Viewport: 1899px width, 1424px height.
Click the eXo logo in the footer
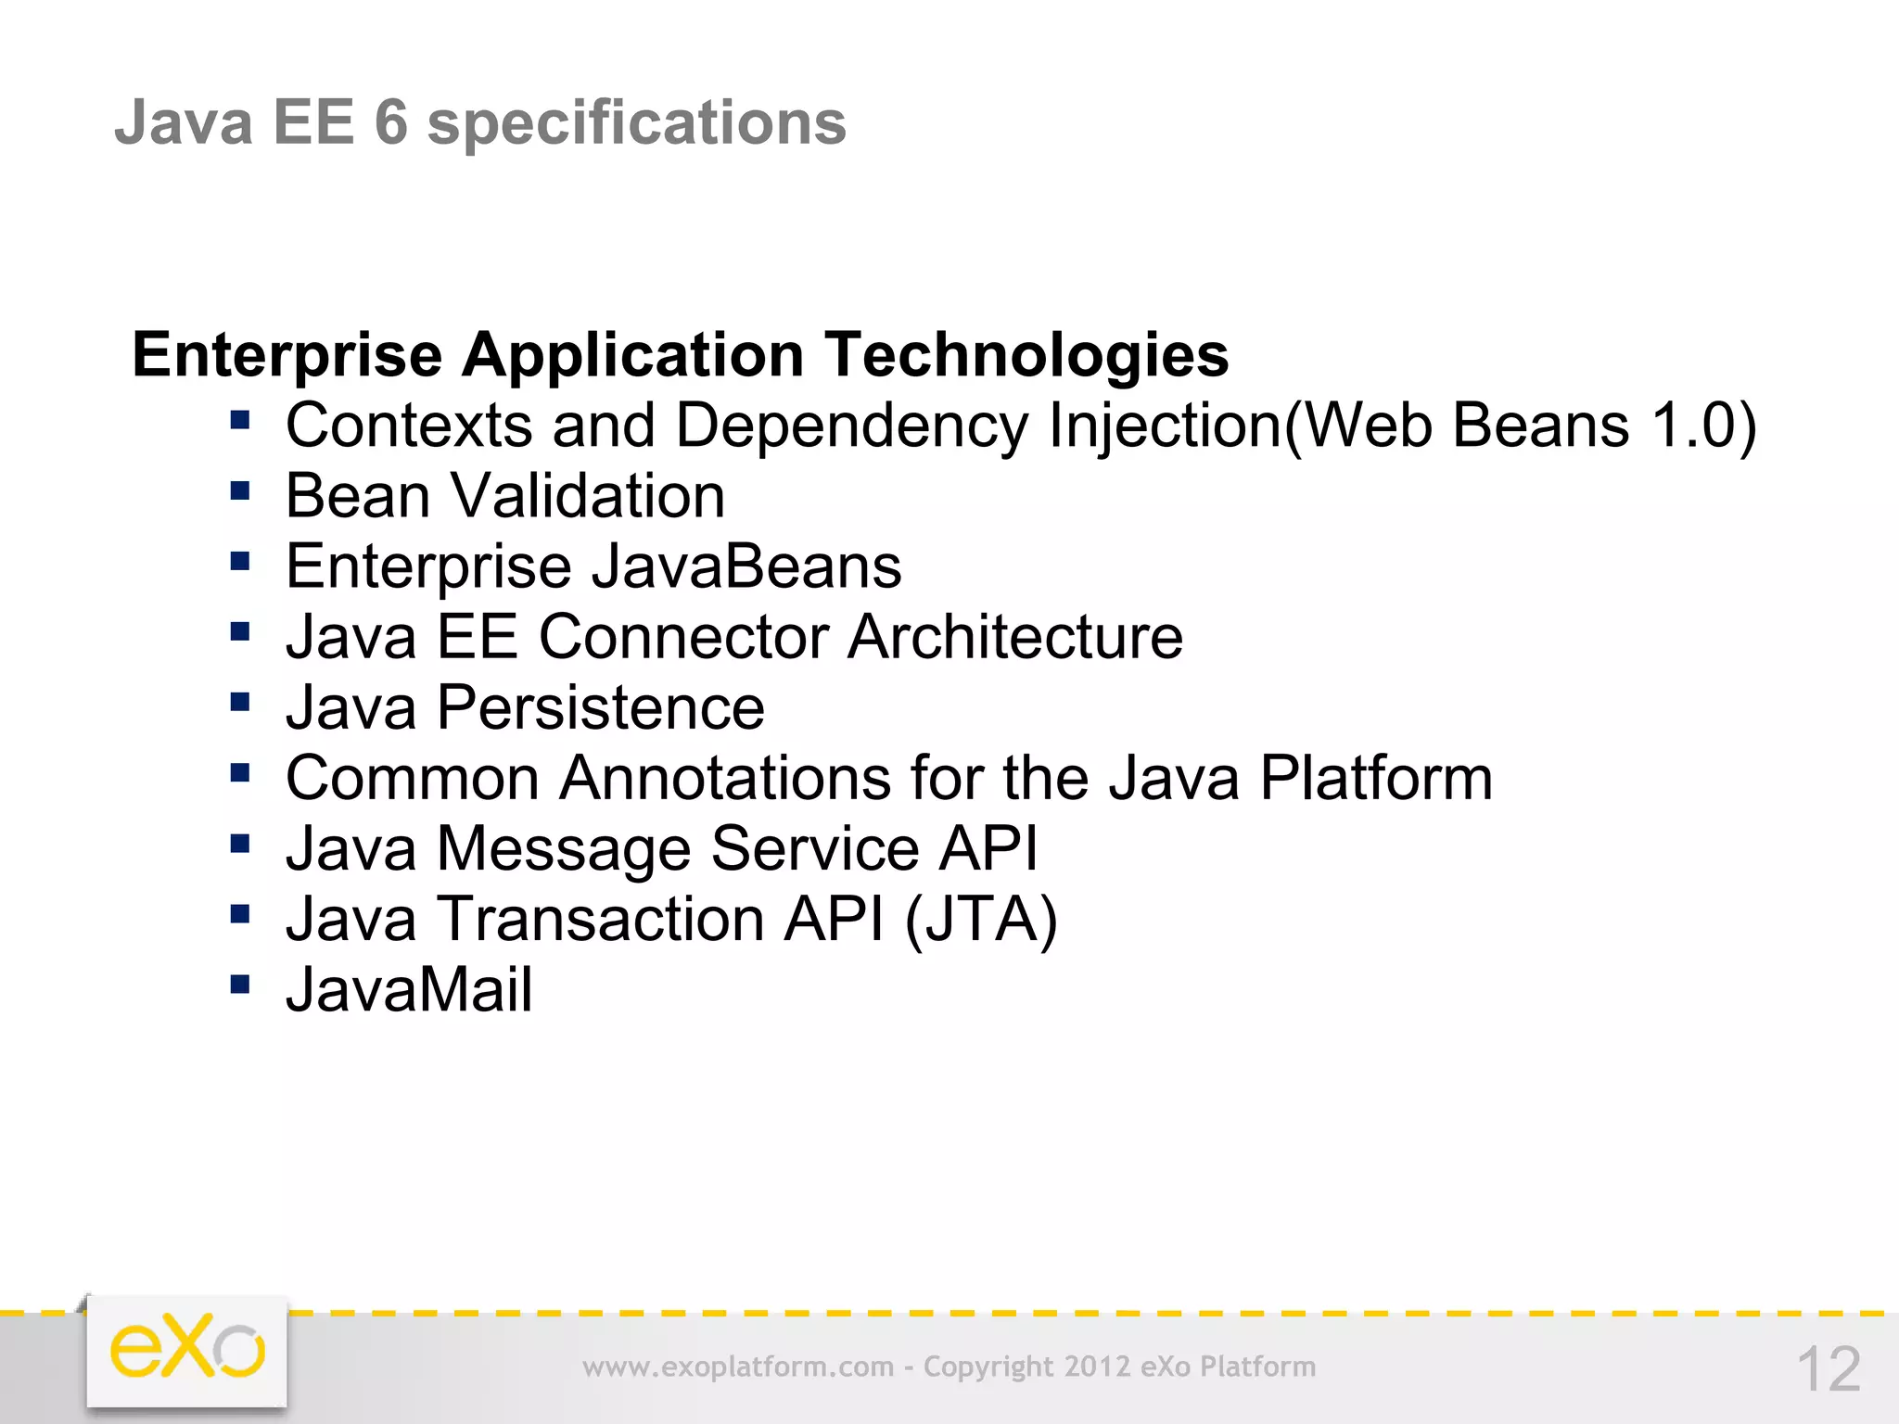(x=187, y=1350)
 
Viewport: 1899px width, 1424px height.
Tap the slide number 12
(x=1829, y=1369)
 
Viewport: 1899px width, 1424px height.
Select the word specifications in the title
(x=636, y=123)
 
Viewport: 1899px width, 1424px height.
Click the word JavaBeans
(x=746, y=566)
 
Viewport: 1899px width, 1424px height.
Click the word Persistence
(x=601, y=707)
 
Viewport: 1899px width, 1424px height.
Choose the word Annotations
(x=724, y=778)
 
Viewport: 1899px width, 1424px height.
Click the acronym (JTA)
(x=981, y=920)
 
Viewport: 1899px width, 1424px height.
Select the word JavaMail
(x=409, y=989)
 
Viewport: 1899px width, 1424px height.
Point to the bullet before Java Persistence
(x=240, y=702)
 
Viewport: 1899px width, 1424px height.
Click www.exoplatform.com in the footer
(x=738, y=1367)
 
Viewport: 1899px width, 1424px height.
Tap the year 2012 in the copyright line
(x=1097, y=1367)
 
